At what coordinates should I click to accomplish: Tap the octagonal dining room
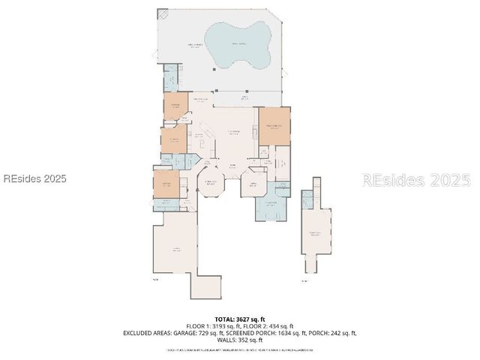click(x=211, y=184)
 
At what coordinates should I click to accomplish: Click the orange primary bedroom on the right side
click(x=274, y=125)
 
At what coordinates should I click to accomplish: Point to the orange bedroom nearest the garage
click(x=166, y=184)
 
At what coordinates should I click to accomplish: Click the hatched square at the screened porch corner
click(x=163, y=14)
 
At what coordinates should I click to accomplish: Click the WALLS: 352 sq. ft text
click(x=240, y=340)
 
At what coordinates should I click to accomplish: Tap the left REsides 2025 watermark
click(x=35, y=179)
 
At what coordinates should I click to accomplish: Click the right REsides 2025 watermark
click(x=416, y=180)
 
